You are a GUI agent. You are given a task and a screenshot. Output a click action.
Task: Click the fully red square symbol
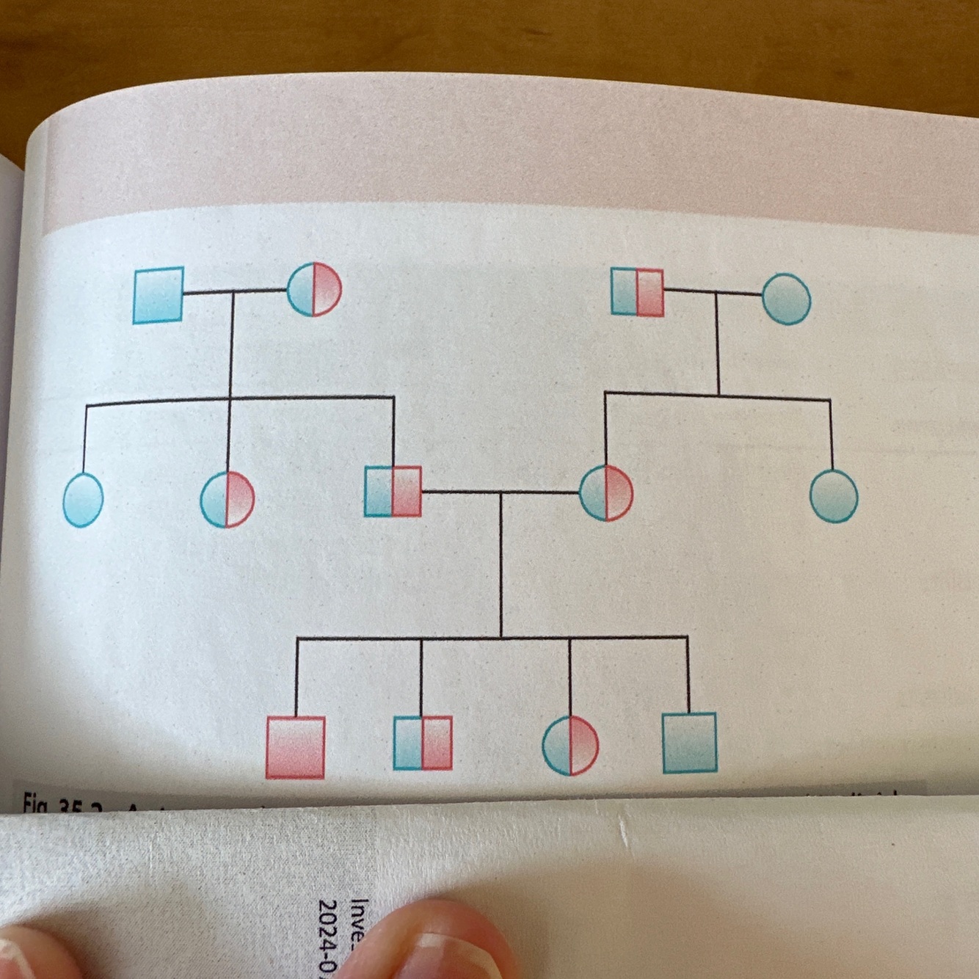click(x=295, y=747)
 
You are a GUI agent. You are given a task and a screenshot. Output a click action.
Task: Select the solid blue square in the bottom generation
click(x=689, y=743)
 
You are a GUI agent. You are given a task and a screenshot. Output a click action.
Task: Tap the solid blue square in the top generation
click(x=159, y=295)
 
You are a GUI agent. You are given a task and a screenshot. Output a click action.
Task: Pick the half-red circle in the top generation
click(x=314, y=290)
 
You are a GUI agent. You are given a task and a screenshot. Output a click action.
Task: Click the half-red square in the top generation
click(x=637, y=292)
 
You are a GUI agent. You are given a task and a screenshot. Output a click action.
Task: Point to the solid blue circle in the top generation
click(x=786, y=299)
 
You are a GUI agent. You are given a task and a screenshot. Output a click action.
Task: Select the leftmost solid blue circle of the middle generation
click(x=83, y=499)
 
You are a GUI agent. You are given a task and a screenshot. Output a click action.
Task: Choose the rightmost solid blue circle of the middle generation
click(x=834, y=495)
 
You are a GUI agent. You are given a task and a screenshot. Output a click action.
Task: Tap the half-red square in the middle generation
click(x=393, y=491)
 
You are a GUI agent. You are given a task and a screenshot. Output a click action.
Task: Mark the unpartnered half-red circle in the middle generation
click(x=227, y=500)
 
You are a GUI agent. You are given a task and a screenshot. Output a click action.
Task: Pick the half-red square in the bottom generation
click(x=422, y=743)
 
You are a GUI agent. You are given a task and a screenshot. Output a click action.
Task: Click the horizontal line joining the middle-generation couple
click(x=499, y=492)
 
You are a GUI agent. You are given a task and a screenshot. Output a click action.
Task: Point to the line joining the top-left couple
click(x=233, y=292)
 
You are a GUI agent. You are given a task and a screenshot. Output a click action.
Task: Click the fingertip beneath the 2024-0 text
click(x=440, y=947)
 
